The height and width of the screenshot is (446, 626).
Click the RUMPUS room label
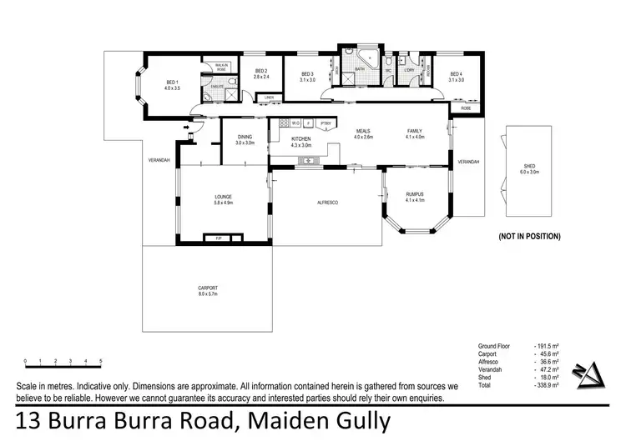tap(415, 196)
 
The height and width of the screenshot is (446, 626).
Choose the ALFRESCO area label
tap(326, 203)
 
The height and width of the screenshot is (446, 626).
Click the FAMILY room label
tap(415, 132)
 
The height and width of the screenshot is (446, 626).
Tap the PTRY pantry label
tap(326, 124)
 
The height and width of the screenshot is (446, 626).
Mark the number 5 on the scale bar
tap(101, 361)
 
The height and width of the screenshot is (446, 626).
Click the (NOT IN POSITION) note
tap(529, 237)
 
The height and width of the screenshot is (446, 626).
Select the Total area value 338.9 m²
tap(546, 386)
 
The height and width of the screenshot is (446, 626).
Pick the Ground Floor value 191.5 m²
tap(546, 344)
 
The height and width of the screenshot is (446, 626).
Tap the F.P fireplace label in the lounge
tap(219, 239)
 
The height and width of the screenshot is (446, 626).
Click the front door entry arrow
tap(188, 128)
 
